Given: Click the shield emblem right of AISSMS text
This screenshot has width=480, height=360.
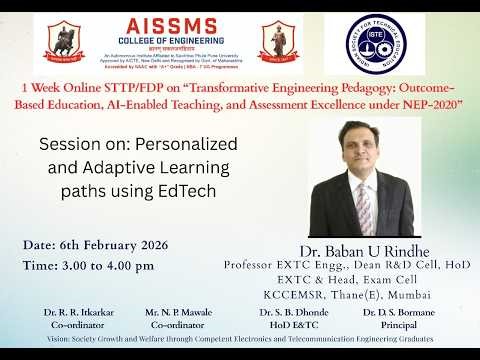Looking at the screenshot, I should click(x=278, y=42).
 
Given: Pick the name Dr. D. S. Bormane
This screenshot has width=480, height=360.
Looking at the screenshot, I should click(x=398, y=313).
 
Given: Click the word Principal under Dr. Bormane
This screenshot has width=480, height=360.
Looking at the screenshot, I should click(x=398, y=325).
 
